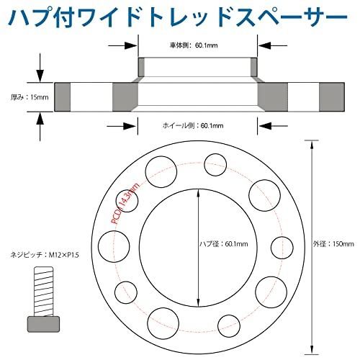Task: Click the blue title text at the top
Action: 178,17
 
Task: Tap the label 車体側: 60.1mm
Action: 194,45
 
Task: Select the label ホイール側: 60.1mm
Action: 193,125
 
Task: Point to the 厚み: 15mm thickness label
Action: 30,97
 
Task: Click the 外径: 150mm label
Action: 333,244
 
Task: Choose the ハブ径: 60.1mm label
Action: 224,244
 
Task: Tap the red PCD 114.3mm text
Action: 125,203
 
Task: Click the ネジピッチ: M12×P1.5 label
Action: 45,255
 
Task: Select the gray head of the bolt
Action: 43,324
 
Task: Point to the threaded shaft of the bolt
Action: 43,292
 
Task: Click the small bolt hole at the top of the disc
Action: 215,165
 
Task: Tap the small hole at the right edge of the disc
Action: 282,248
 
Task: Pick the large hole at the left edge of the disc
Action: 114,246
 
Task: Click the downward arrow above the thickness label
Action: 40,68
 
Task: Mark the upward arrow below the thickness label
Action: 40,127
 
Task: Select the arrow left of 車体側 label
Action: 122,45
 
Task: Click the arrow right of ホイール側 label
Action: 273,126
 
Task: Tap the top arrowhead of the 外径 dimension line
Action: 312,145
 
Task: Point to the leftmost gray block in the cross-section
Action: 63,97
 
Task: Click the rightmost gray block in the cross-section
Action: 332,97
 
